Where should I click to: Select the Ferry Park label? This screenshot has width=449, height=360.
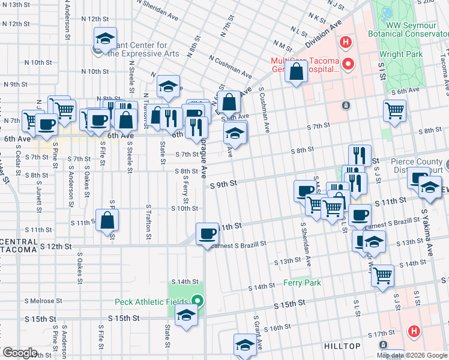point(303,283)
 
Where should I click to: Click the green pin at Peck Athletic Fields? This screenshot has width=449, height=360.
point(198,301)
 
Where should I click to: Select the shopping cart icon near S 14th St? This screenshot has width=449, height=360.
point(382,276)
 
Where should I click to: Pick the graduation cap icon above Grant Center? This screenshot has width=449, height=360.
point(104,40)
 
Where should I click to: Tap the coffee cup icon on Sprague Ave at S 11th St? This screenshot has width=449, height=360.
point(208,233)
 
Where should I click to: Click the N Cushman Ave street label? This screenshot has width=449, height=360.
point(231,67)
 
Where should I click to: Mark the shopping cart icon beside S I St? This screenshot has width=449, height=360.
point(394,110)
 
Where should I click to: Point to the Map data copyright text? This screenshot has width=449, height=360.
point(412,355)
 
